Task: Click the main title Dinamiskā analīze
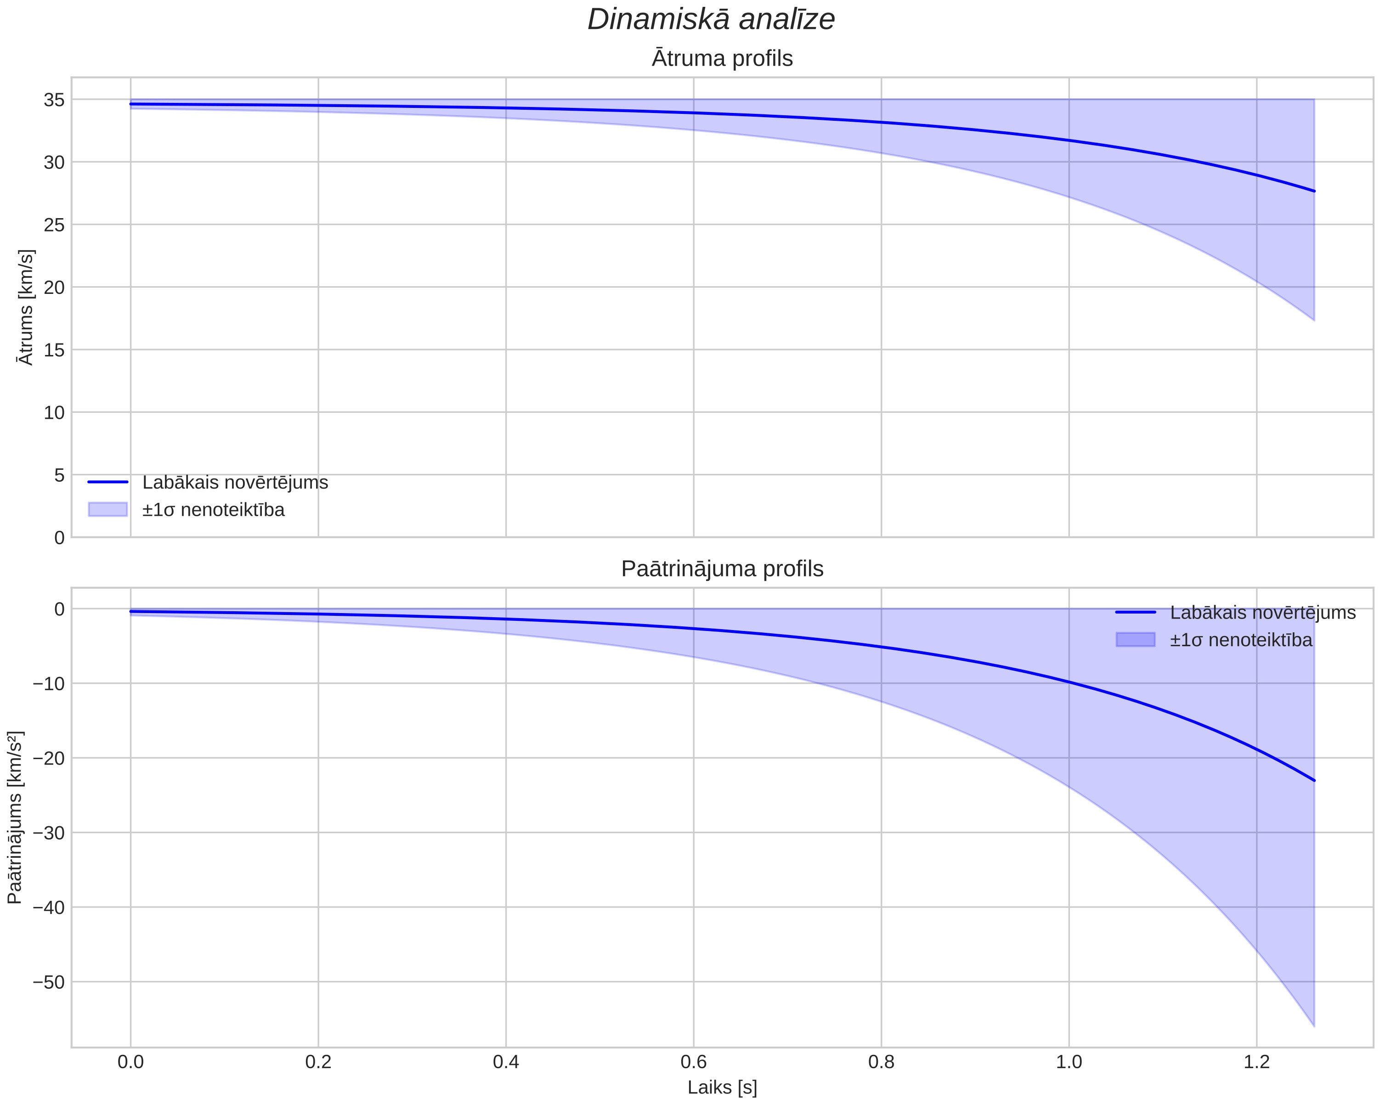711,20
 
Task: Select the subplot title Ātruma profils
722,59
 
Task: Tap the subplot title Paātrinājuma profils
722,569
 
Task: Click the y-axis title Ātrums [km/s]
26,307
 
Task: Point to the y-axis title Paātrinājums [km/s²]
15,817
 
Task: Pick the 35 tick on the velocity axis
54,100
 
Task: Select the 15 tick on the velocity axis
54,350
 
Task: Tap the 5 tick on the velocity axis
60,475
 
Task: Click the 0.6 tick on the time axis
693,1062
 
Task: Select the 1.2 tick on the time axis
1256,1062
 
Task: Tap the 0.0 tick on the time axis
130,1062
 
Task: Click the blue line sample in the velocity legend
108,482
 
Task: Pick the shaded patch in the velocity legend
108,509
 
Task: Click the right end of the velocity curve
1314,192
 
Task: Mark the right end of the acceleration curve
1314,781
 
